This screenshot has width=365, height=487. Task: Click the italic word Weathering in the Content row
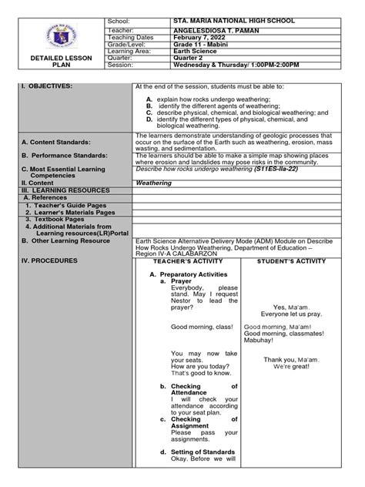(x=155, y=183)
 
